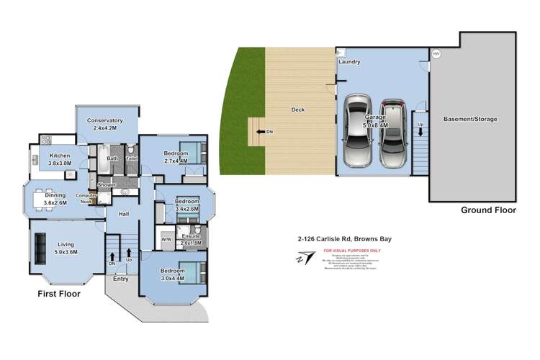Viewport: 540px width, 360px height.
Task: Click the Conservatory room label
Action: [104, 120]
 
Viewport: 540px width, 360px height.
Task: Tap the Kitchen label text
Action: [60, 156]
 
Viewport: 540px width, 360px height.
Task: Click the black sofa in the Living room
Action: [38, 249]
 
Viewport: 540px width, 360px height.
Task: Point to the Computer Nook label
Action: [86, 199]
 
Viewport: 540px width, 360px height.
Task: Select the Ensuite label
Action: [190, 235]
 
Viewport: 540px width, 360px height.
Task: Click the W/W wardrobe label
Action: [165, 239]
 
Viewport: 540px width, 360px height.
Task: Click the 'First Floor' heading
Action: [59, 294]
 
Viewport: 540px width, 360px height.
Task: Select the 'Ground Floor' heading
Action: [489, 211]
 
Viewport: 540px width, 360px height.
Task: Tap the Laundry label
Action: [348, 63]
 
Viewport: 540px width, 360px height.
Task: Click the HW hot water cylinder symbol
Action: [435, 54]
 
